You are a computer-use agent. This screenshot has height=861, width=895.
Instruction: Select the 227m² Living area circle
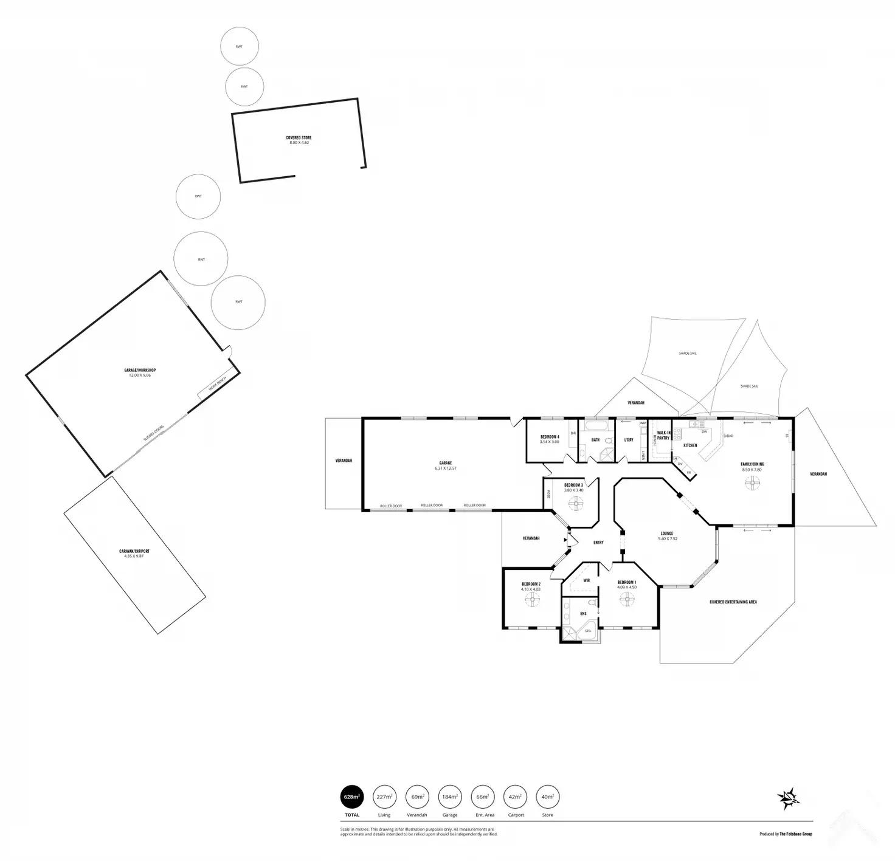[384, 796]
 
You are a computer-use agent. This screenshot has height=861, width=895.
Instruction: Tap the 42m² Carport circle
[516, 796]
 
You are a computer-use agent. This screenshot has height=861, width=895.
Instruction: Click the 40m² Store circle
[548, 796]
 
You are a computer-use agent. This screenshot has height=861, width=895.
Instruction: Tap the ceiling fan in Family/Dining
[753, 484]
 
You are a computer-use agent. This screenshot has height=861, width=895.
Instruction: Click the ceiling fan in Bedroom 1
[626, 600]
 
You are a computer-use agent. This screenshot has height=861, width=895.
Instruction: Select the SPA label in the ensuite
[588, 631]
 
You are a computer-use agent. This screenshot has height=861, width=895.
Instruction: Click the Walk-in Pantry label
[663, 435]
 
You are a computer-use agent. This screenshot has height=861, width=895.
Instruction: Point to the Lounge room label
[667, 533]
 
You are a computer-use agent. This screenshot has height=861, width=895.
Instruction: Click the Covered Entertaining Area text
[733, 602]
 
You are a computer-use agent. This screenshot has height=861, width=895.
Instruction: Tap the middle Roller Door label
[431, 506]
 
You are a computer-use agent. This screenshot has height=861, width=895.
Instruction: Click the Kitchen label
[690, 445]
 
